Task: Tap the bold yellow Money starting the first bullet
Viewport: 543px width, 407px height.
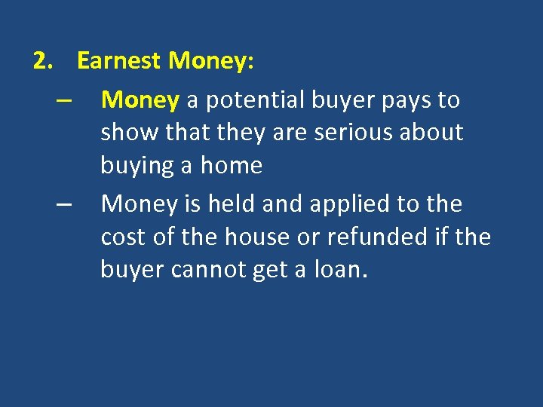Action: pos(140,99)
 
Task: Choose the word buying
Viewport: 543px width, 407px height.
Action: pos(137,166)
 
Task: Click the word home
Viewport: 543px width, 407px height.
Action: pos(232,166)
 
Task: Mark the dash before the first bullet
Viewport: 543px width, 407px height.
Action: pos(63,100)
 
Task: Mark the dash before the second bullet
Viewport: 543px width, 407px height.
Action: pos(63,204)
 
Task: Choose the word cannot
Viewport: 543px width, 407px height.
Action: pos(204,270)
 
